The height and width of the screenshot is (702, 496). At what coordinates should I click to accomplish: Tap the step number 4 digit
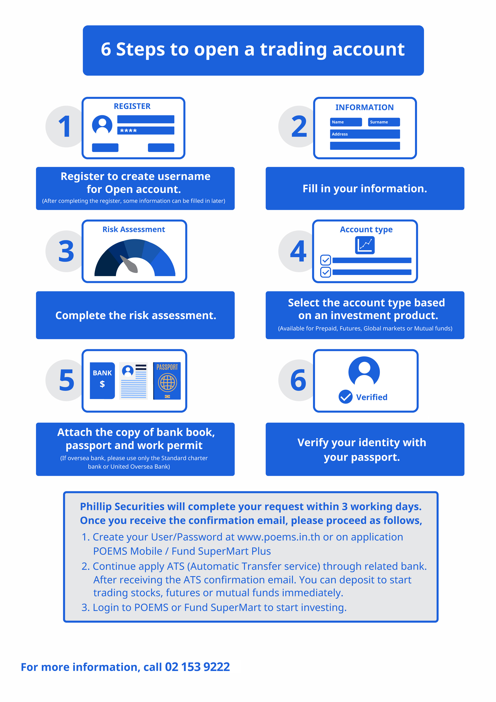click(x=298, y=251)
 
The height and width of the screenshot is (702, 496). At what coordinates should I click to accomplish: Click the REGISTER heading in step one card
click(x=132, y=106)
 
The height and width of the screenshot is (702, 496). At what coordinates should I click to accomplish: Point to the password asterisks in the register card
click(x=128, y=130)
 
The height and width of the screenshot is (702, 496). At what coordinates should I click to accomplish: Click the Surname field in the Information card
click(x=384, y=122)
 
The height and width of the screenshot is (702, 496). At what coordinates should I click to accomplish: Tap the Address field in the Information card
click(x=365, y=134)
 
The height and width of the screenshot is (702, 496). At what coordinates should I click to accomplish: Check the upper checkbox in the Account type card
click(x=325, y=260)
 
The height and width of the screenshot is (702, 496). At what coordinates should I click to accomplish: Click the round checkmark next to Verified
click(x=346, y=397)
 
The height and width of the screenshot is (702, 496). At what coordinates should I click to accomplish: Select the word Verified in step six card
click(x=372, y=397)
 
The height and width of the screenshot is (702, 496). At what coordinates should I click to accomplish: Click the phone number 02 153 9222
click(x=197, y=667)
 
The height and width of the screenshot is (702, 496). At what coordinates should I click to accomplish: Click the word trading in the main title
click(x=293, y=50)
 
